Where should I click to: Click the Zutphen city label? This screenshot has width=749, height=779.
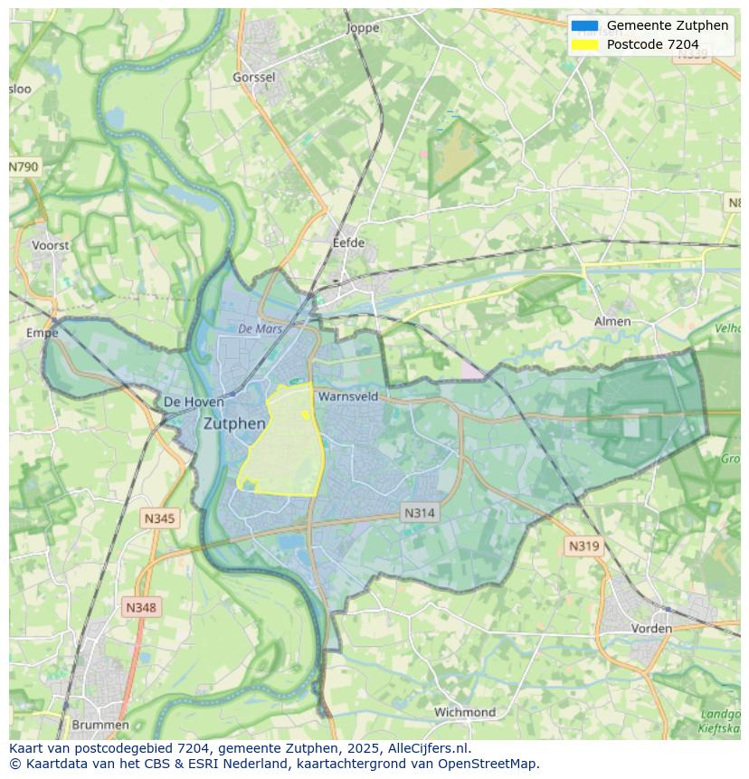(x=234, y=423)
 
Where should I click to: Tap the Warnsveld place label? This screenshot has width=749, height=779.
(x=348, y=396)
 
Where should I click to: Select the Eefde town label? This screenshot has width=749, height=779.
(x=348, y=242)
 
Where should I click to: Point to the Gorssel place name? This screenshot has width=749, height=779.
(x=254, y=78)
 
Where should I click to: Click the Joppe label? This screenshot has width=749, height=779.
(x=364, y=28)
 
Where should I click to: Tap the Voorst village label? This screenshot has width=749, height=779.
(x=50, y=245)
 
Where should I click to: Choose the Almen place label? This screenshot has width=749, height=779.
(x=612, y=321)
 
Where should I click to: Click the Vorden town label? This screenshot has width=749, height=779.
(x=651, y=628)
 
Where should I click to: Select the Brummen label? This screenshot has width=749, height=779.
(x=100, y=725)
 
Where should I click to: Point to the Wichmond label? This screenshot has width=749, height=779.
(x=465, y=712)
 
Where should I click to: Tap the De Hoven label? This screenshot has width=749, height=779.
(x=181, y=402)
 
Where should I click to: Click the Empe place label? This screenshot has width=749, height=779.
(x=43, y=333)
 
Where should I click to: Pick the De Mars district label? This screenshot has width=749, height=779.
(x=261, y=329)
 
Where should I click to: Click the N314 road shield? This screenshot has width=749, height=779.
(x=419, y=513)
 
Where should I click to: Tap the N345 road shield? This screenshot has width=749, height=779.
(x=160, y=518)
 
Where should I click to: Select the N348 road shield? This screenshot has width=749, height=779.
(x=140, y=608)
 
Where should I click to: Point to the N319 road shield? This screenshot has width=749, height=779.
(x=583, y=546)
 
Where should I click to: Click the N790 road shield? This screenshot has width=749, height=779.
(x=24, y=167)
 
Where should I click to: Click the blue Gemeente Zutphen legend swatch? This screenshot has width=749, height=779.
(x=584, y=25)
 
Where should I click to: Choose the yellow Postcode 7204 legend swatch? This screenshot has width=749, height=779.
(x=584, y=44)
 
